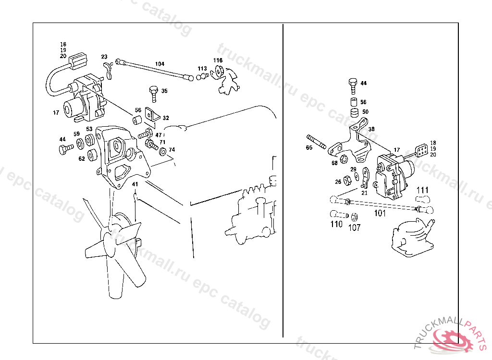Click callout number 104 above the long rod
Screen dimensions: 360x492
160,64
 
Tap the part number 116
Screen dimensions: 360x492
219,60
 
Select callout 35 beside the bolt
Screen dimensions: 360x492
164,91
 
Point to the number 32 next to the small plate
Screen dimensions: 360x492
166,118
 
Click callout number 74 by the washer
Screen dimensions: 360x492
172,150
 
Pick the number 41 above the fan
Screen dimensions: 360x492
135,184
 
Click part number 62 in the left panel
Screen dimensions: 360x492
82,158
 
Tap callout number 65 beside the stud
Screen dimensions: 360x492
309,148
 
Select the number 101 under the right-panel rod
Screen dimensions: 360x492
380,214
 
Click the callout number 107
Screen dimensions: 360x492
354,228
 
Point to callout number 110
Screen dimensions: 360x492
336,224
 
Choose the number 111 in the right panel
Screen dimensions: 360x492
422,190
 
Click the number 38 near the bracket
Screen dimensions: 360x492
371,129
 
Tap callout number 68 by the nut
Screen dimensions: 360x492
334,163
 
